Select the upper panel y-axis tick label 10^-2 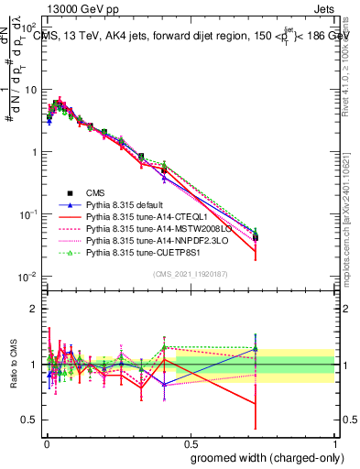[x=27, y=277]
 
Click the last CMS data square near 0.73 [x=256, y=237]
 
